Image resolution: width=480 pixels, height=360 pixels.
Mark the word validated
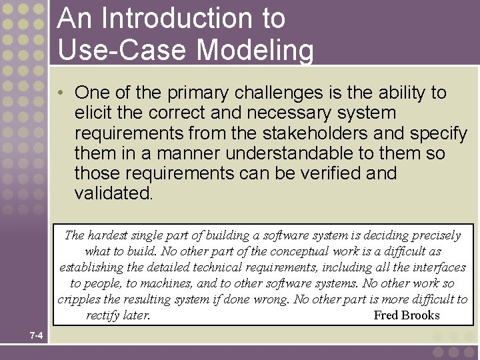coord(113,194)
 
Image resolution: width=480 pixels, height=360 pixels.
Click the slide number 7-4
coord(36,335)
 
